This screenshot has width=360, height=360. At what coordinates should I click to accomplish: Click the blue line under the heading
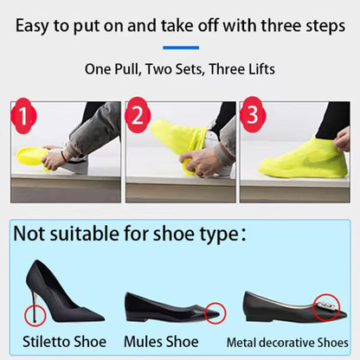pyautogui.click(x=180, y=48)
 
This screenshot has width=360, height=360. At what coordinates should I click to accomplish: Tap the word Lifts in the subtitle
pyautogui.click(x=258, y=68)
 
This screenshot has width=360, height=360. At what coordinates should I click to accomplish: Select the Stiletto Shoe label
pyautogui.click(x=64, y=342)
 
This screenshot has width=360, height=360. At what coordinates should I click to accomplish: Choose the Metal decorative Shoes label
pyautogui.click(x=287, y=343)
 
